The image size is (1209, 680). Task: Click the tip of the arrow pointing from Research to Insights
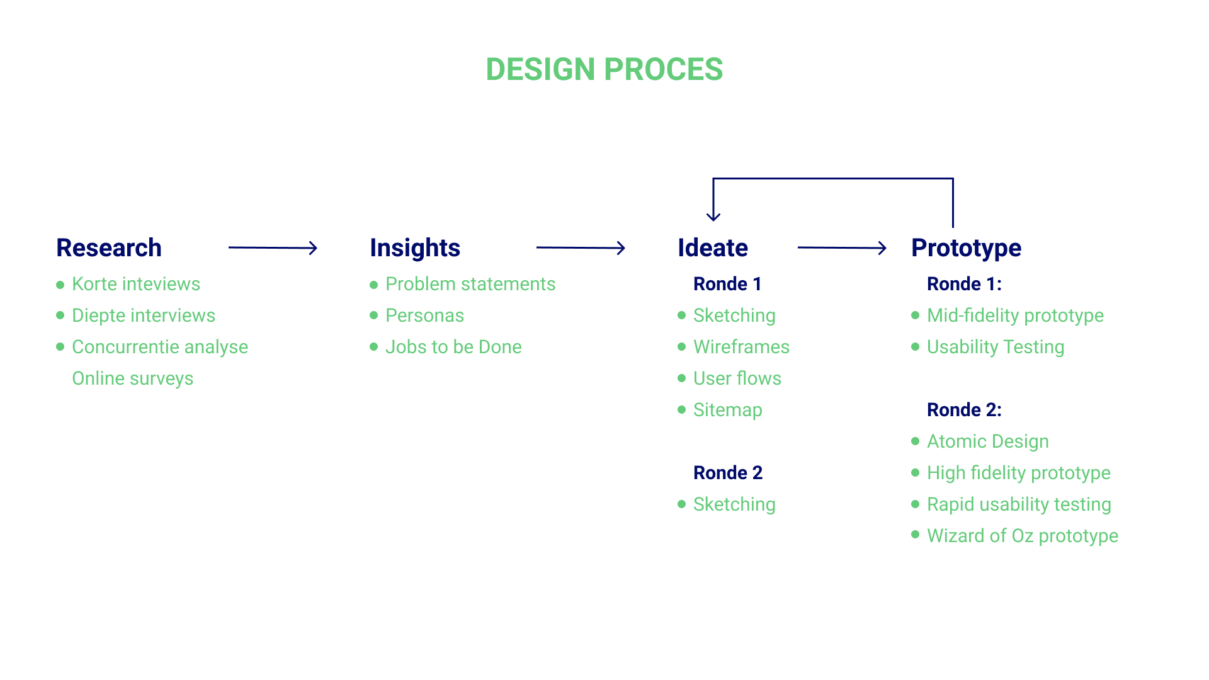[317, 248]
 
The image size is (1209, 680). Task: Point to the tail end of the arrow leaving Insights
[536, 247]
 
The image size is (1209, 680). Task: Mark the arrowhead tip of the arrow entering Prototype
[886, 248]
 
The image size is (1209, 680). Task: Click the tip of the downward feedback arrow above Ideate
[713, 221]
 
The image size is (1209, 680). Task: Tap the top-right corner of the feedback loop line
[953, 179]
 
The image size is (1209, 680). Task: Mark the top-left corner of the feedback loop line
[713, 179]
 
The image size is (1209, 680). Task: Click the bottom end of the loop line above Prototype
[953, 227]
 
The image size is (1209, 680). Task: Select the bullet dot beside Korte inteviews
[60, 285]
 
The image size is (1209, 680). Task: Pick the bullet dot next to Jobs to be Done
[374, 347]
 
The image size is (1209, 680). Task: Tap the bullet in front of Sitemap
[682, 410]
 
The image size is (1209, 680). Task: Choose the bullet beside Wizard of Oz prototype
[916, 535]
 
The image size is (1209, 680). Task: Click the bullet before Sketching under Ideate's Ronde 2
[682, 504]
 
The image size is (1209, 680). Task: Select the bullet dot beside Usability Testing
[916, 347]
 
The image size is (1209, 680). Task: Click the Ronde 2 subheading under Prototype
[964, 410]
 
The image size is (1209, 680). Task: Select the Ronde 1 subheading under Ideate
[727, 284]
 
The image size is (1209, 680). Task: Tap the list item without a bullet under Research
[133, 378]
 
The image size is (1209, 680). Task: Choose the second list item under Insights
[424, 315]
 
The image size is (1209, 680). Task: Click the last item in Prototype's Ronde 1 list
[996, 348]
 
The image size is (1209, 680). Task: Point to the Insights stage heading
[415, 248]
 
